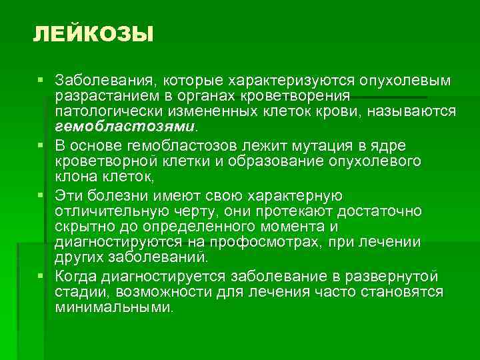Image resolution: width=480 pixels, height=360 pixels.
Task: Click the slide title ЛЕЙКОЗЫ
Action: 93,34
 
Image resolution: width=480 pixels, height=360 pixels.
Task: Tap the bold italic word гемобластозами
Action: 126,126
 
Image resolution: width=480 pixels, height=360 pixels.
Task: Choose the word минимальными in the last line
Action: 113,308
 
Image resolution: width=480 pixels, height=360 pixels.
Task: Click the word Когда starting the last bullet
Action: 77,276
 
